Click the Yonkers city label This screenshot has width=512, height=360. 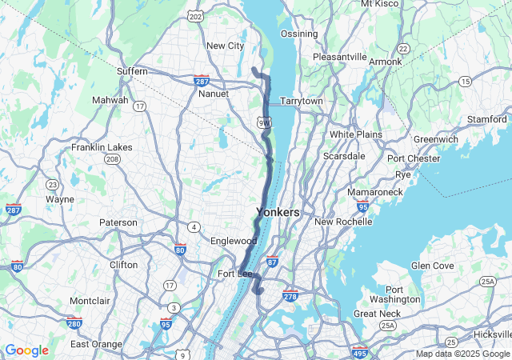[278, 213]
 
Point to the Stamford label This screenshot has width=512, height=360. [487, 119]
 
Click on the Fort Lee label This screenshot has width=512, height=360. [235, 274]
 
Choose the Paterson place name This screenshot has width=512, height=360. [118, 222]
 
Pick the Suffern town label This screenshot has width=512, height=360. [132, 71]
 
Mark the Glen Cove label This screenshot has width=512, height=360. [432, 266]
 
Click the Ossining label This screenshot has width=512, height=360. [299, 34]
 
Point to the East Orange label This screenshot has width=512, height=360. [96, 344]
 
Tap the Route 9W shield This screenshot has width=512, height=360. [265, 122]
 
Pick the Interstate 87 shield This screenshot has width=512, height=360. [272, 262]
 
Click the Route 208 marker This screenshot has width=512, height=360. [112, 159]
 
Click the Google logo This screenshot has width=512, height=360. [26, 350]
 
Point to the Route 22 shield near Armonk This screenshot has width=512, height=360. [403, 49]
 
